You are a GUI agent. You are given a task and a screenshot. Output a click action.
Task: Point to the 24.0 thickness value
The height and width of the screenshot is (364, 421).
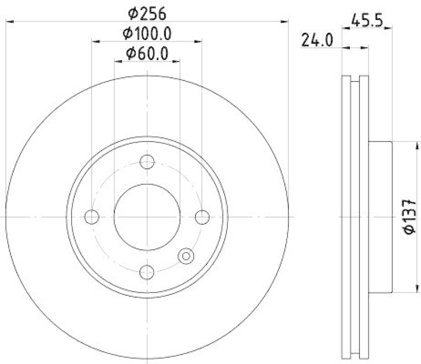coord(318,40)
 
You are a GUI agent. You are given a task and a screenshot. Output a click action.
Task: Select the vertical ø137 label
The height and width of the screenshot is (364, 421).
coord(410,216)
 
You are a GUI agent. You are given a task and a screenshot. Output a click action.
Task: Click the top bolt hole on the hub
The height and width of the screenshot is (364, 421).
coord(147,161)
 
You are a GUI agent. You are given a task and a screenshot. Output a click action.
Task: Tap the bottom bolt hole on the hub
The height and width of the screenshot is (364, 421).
coord(147,271)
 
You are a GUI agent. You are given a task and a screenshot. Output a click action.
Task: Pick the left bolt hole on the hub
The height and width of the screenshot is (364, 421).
coord(92,216)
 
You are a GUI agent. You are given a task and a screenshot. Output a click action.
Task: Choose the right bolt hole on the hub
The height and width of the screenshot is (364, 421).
coord(202,216)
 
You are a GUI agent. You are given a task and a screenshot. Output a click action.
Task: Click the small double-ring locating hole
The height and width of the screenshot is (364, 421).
coord(186,256)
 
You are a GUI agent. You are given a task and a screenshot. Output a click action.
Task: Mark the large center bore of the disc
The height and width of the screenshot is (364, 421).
coord(147,216)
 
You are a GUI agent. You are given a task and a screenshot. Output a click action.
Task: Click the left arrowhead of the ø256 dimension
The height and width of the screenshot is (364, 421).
coord(8,21)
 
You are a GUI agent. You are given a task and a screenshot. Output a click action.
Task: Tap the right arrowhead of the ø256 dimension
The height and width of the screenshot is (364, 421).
coord(286,21)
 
